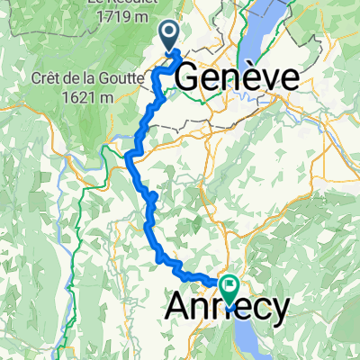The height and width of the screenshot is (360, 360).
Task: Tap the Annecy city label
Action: (x=229, y=308)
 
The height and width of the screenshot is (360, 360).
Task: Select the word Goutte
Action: (x=116, y=78)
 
